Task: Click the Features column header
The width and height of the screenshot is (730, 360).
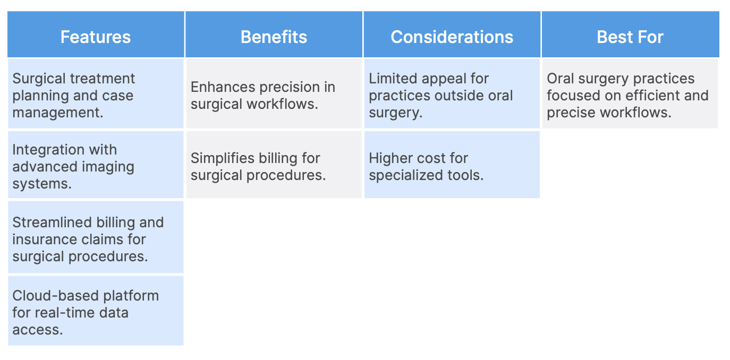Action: click(x=96, y=37)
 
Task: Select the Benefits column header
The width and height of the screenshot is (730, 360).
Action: click(x=274, y=37)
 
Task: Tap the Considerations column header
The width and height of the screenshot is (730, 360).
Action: click(x=452, y=37)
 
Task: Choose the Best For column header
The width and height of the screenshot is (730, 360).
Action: click(x=630, y=37)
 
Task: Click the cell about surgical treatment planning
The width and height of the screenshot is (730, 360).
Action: click(x=96, y=93)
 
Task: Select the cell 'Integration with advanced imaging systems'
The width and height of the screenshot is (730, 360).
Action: click(x=96, y=165)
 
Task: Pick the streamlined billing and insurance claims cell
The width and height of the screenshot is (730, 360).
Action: click(x=96, y=237)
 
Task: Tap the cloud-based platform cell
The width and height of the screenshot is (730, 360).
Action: click(x=96, y=311)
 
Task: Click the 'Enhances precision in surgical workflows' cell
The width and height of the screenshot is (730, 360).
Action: click(x=274, y=93)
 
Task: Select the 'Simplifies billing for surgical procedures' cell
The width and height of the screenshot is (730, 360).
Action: click(x=274, y=165)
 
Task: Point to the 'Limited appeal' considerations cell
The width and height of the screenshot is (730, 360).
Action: click(x=452, y=93)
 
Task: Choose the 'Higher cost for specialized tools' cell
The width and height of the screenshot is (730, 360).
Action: click(x=452, y=165)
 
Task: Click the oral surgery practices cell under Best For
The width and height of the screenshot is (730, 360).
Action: click(x=630, y=93)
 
